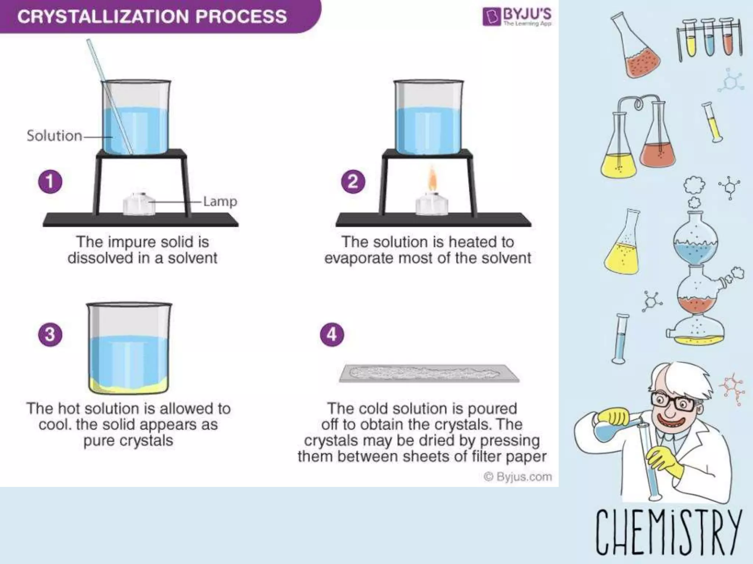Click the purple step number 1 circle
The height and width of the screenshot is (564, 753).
point(50,182)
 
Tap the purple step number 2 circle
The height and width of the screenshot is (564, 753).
point(353,182)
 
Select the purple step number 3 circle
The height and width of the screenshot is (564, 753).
point(50,335)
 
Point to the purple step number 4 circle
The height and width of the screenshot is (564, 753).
point(332,335)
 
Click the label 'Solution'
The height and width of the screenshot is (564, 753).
point(54,136)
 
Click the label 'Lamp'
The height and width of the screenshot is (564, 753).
point(220,201)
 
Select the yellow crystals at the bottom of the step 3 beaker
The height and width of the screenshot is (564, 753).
point(129,386)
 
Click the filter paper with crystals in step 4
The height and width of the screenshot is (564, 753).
point(428,373)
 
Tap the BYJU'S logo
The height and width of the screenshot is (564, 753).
point(517,17)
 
